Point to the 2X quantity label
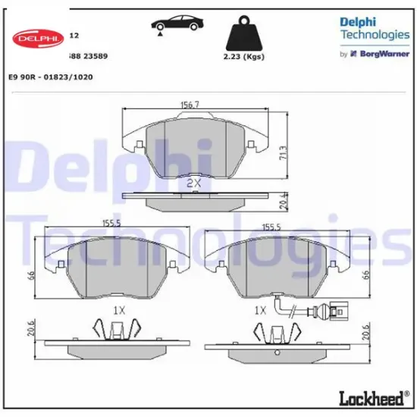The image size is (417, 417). tap(194, 183)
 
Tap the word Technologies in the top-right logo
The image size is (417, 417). tap(375, 35)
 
